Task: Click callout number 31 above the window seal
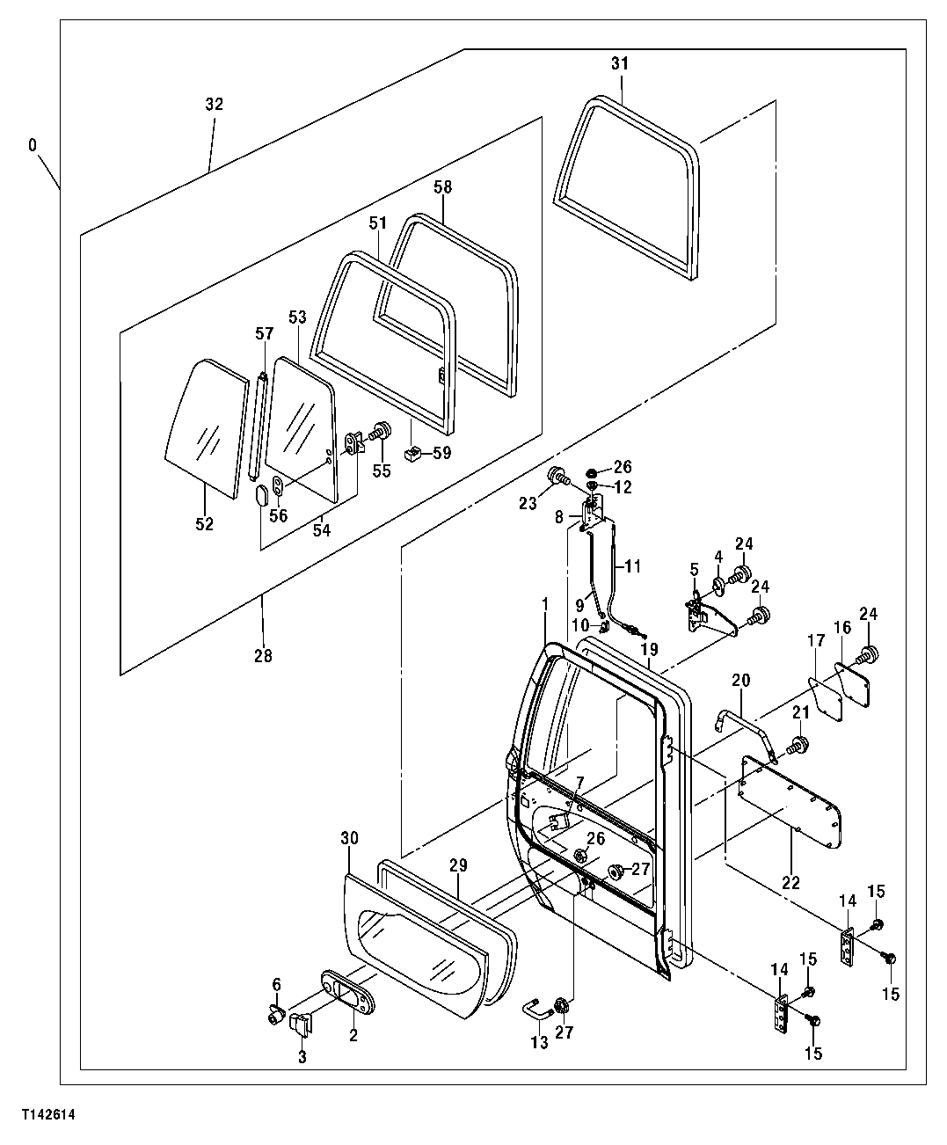click(620, 64)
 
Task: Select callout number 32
click(214, 104)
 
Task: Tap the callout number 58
click(442, 187)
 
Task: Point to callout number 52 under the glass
click(204, 523)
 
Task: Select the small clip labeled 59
click(412, 455)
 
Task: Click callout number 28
click(263, 655)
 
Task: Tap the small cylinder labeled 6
click(277, 1017)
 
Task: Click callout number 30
click(349, 839)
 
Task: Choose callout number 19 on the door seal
click(649, 649)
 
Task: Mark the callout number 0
click(33, 144)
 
